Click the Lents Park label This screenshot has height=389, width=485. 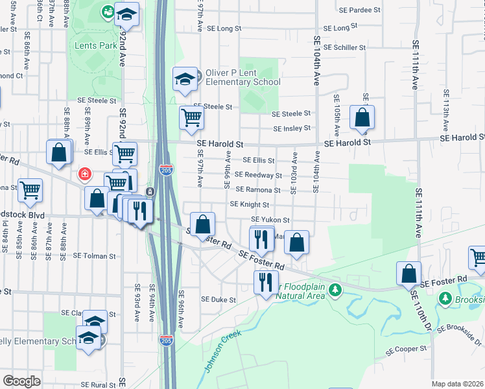[x=96, y=45]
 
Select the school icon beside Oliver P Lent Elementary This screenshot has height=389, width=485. [x=185, y=80]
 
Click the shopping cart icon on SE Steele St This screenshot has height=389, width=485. [x=191, y=117]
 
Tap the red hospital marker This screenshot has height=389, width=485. [x=84, y=174]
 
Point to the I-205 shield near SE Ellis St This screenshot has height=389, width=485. [x=165, y=171]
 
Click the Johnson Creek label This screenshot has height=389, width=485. [x=223, y=351]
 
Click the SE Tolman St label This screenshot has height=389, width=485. [x=94, y=256]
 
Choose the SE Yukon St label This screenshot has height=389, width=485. [x=270, y=220]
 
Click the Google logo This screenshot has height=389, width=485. [x=21, y=381]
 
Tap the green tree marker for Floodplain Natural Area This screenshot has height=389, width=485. [x=335, y=289]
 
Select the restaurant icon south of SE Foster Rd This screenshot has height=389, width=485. [x=265, y=282]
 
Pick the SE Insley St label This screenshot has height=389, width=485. [x=292, y=129]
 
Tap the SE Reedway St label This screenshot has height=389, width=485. [x=258, y=175]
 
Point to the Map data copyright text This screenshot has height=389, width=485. [x=458, y=384]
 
